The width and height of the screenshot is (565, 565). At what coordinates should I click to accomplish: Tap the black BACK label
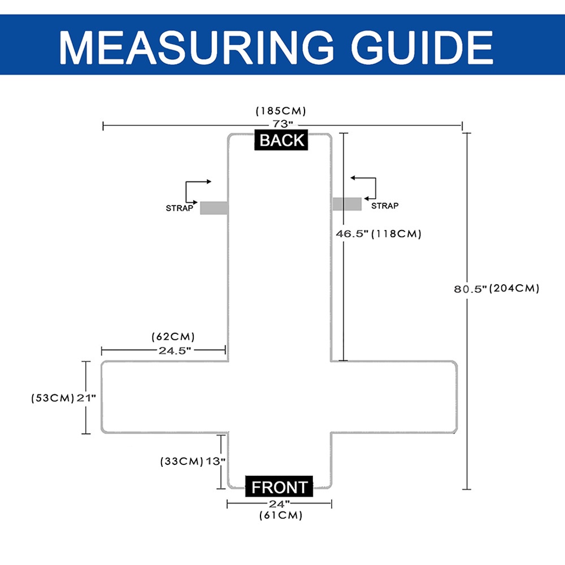click(x=282, y=140)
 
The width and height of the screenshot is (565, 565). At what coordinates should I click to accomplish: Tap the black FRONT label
click(x=279, y=486)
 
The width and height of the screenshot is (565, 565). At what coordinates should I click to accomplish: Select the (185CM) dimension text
click(x=281, y=111)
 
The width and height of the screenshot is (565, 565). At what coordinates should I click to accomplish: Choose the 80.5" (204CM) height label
click(x=497, y=288)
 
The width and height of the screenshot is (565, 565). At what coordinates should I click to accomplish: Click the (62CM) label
click(x=173, y=337)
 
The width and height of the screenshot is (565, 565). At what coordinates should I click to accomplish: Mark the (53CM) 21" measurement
click(x=63, y=398)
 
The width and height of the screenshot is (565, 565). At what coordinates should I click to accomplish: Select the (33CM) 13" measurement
click(x=193, y=461)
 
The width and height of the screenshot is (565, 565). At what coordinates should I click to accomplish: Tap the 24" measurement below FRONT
click(x=279, y=503)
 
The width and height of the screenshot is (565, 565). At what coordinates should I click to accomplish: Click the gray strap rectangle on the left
click(x=214, y=208)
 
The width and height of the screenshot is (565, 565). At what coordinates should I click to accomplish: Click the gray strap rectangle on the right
click(x=347, y=203)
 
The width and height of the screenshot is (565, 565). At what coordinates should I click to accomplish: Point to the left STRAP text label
click(x=179, y=208)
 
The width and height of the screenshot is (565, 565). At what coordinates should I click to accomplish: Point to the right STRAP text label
click(x=385, y=206)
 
